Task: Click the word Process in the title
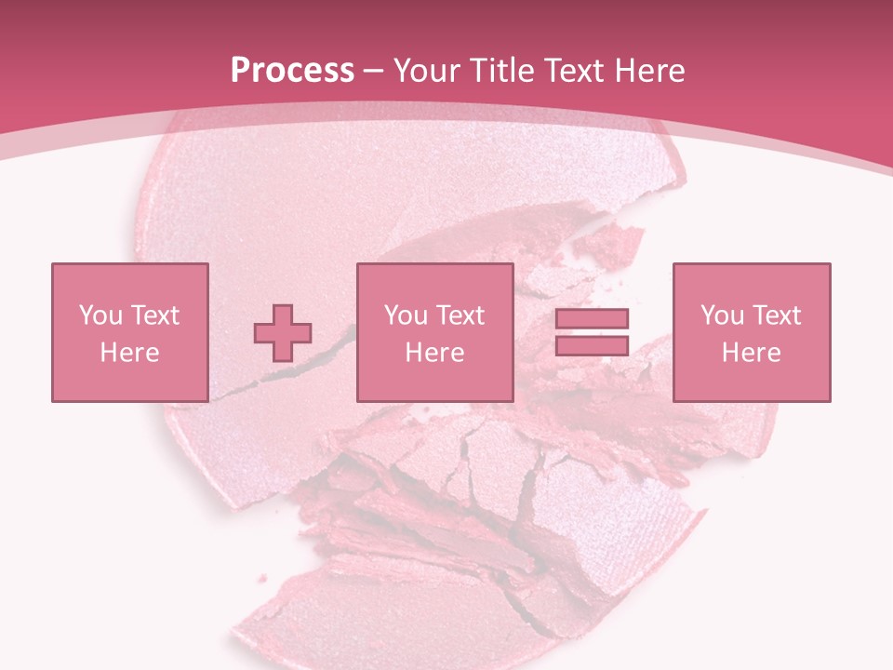point(292,71)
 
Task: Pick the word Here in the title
point(652,71)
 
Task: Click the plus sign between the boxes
point(283,332)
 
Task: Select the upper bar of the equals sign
point(592,319)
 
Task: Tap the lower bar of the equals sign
point(592,345)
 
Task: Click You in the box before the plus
point(100,315)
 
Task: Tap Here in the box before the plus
point(129,353)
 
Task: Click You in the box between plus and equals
point(406,315)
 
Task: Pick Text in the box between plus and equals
point(460,315)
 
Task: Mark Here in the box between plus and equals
point(434,353)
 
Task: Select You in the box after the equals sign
point(722,315)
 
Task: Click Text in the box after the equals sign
point(776,315)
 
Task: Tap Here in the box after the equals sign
point(752,353)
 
